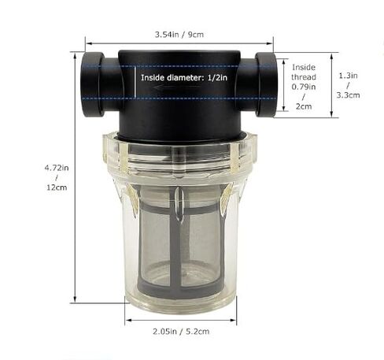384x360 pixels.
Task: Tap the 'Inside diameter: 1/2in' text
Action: click(183, 78)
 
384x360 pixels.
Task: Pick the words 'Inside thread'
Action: click(303, 72)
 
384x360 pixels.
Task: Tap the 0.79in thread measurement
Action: click(303, 87)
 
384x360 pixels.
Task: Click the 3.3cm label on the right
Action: click(348, 95)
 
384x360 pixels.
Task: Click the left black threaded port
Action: click(93, 84)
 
